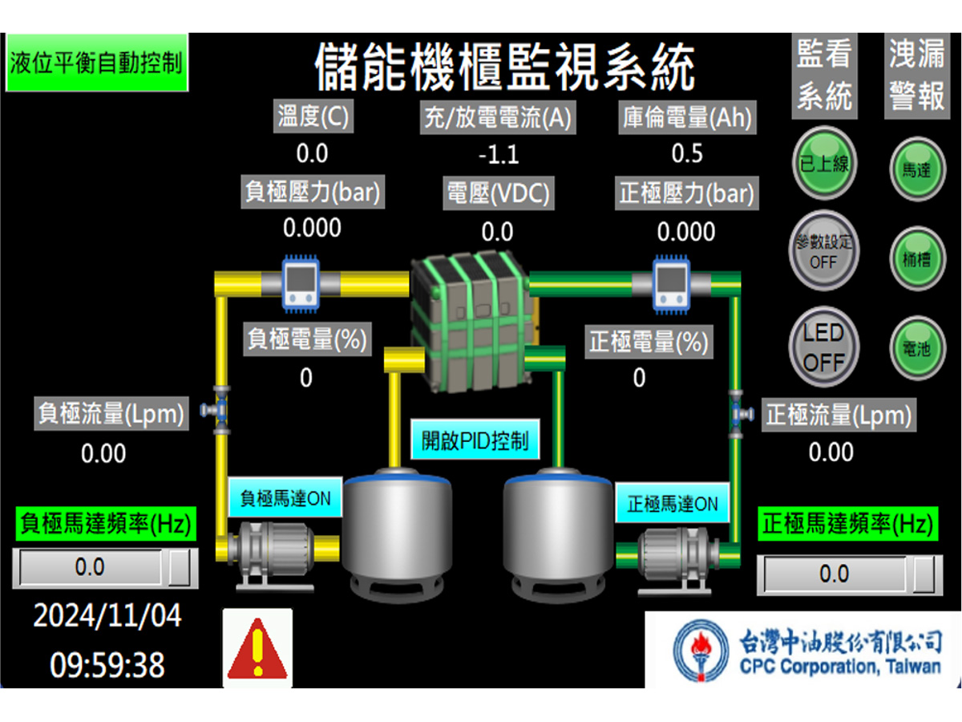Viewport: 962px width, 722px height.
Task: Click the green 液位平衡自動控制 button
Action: (x=97, y=63)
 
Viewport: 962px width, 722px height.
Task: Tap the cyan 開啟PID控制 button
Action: (x=475, y=440)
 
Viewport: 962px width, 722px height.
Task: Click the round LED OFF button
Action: (x=823, y=347)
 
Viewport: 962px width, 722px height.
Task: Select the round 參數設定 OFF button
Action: (x=823, y=251)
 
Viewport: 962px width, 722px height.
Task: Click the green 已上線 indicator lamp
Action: (x=824, y=163)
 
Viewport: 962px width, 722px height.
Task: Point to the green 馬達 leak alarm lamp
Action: (x=917, y=168)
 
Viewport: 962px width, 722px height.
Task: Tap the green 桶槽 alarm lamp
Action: (x=917, y=258)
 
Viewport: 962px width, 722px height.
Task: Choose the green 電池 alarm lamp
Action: (x=917, y=348)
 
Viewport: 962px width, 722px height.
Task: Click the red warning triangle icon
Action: (x=257, y=648)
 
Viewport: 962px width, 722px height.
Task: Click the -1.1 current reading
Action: (x=499, y=155)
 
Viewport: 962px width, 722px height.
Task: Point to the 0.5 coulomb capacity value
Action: (x=687, y=153)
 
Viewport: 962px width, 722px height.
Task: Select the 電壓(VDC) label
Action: (x=499, y=193)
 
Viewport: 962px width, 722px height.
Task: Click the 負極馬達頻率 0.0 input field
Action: (x=91, y=567)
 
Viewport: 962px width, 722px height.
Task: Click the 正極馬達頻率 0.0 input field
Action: (x=835, y=574)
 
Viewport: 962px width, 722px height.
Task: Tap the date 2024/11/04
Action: (x=107, y=615)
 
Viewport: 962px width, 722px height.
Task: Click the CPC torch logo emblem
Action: (x=701, y=651)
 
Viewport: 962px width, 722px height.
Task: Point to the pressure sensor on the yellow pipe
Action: (x=301, y=284)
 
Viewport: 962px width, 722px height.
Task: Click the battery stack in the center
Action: (x=473, y=321)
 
